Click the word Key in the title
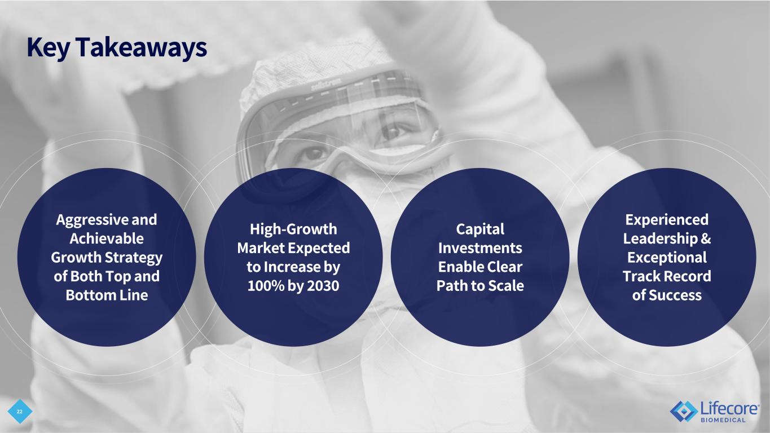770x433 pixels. tap(48, 47)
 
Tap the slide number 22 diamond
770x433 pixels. tap(20, 412)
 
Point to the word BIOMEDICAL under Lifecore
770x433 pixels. tap(723, 420)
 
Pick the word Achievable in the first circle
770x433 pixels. tap(107, 238)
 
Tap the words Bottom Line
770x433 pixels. tap(107, 295)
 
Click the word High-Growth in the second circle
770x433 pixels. tap(293, 229)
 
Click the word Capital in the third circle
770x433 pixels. tap(480, 229)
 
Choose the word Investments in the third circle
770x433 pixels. tap(480, 248)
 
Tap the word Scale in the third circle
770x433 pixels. tap(506, 286)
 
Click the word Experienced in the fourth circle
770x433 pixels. tap(667, 220)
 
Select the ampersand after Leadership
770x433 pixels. tap(705, 239)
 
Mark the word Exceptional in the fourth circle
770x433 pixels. tap(667, 258)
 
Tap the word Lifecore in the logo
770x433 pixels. tap(729, 409)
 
